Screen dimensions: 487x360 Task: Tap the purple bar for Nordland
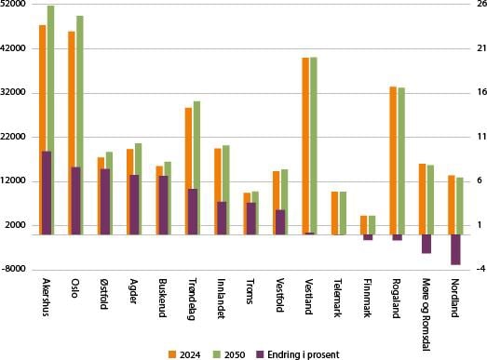coord(455,249)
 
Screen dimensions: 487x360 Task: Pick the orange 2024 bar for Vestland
coord(305,145)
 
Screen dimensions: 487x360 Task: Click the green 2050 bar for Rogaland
coord(401,161)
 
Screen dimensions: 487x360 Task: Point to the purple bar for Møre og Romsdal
coord(426,244)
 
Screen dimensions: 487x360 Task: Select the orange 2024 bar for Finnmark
coord(364,225)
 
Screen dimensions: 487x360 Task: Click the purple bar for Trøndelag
coord(193,212)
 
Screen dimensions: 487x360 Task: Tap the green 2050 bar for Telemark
coord(343,213)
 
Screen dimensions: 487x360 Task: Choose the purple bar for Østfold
coord(105,202)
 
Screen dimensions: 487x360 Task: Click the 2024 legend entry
coord(184,354)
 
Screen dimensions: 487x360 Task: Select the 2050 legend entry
coord(229,354)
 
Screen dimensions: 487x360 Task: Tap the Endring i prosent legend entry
coord(298,354)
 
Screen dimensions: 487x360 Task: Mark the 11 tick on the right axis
coord(481,137)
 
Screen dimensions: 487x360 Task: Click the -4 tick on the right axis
coord(481,269)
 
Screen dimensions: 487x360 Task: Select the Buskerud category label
coord(163,298)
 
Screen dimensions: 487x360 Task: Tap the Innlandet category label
coord(221,299)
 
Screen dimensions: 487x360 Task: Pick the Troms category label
coord(250,291)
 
